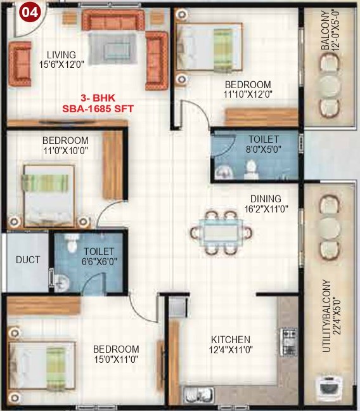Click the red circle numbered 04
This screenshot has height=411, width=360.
pyautogui.click(x=29, y=11)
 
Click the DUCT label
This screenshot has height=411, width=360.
pyautogui.click(x=28, y=260)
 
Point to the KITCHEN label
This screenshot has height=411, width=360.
pyautogui.click(x=230, y=339)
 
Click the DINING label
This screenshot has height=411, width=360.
pyautogui.click(x=265, y=199)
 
